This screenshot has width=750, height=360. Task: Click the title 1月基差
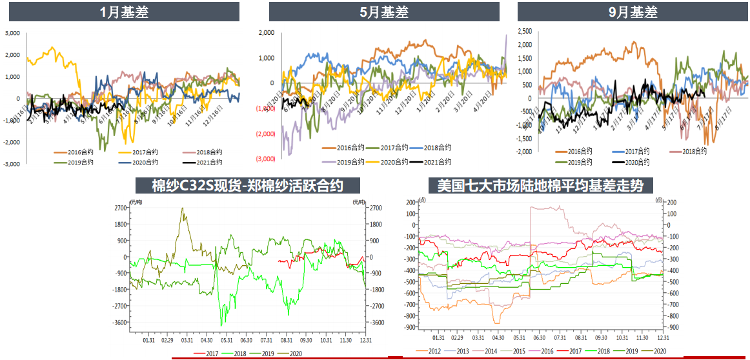click(x=125, y=12)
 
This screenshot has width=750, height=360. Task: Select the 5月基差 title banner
click(x=384, y=12)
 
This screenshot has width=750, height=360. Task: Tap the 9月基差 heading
click(x=634, y=12)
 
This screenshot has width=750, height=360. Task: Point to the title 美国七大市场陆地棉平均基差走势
click(x=541, y=186)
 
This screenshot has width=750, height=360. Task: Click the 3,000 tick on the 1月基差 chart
click(x=13, y=33)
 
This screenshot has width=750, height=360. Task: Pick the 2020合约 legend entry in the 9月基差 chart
click(x=630, y=163)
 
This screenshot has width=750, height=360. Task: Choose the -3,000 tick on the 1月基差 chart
click(x=12, y=165)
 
